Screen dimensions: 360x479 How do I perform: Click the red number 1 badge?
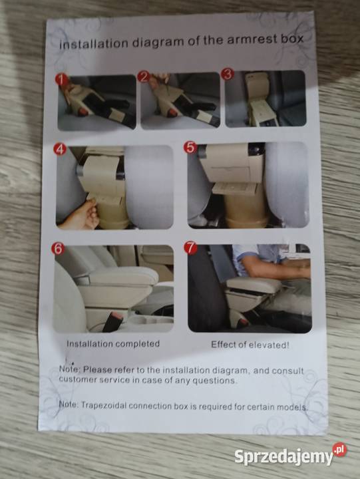[x=61, y=79]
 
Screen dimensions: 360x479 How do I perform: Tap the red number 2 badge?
[x=144, y=77]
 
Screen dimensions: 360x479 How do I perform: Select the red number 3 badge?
[x=228, y=74]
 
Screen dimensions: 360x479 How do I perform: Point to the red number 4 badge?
[x=60, y=149]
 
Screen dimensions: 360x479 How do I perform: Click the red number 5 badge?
[x=190, y=147]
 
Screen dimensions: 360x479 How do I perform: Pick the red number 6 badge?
[x=58, y=248]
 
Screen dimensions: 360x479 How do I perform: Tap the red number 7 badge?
[x=191, y=247]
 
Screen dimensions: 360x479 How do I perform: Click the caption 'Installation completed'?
[x=113, y=344]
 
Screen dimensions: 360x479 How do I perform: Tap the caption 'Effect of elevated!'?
[x=250, y=345]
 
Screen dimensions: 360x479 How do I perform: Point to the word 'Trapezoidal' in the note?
[x=104, y=405]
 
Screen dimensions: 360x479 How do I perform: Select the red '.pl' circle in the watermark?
[x=339, y=450]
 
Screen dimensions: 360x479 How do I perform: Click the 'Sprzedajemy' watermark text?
[x=283, y=457]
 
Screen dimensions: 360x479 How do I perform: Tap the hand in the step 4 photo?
[x=80, y=216]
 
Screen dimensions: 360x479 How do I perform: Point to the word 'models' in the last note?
[x=291, y=407]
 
